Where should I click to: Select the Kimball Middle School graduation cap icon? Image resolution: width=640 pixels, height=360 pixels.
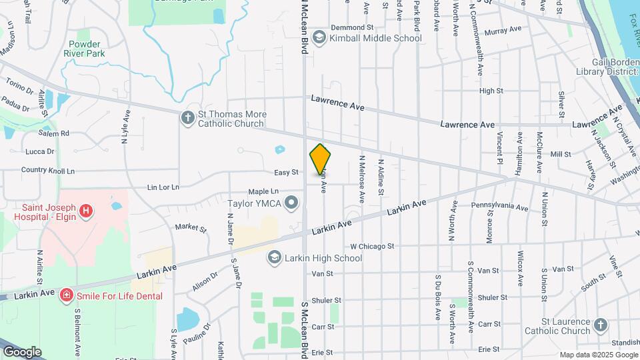tap(319, 38)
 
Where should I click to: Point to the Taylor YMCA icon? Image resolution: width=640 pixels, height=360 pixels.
tap(291, 202)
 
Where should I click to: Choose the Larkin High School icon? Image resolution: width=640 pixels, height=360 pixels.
tap(274, 257)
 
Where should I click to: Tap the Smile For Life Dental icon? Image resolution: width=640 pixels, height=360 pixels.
tap(66, 295)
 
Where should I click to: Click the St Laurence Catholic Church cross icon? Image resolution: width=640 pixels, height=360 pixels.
tap(601, 325)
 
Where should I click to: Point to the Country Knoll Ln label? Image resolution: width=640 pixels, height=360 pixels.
tap(48, 171)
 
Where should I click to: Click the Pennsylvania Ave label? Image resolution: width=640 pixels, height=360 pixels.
tap(500, 207)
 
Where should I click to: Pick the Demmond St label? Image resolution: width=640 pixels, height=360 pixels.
tap(351, 27)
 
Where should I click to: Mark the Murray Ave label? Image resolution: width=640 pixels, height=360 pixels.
tap(503, 31)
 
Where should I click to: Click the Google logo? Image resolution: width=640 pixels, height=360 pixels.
tap(22, 351)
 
